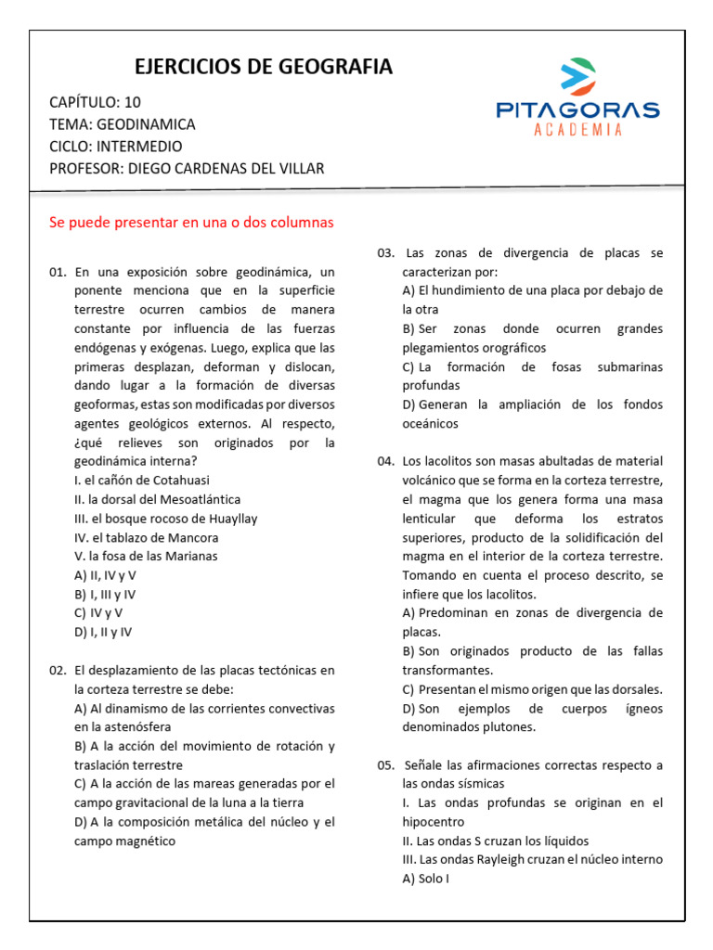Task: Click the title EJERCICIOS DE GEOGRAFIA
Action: tap(264, 67)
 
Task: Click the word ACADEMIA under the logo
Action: tap(577, 130)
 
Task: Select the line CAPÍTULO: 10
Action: tap(95, 102)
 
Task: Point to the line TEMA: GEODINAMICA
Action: tap(122, 124)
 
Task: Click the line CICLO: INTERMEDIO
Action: tap(115, 147)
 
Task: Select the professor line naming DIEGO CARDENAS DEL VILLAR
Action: tap(187, 168)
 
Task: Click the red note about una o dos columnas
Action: tap(190, 223)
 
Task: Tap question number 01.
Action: tap(58, 272)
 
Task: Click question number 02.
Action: tap(58, 670)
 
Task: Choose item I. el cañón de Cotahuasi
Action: tap(142, 481)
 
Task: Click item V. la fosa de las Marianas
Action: tap(146, 557)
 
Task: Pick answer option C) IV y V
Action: tap(98, 613)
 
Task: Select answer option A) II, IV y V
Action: tap(105, 575)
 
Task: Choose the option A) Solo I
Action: tap(426, 879)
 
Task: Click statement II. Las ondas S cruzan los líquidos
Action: tap(496, 841)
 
